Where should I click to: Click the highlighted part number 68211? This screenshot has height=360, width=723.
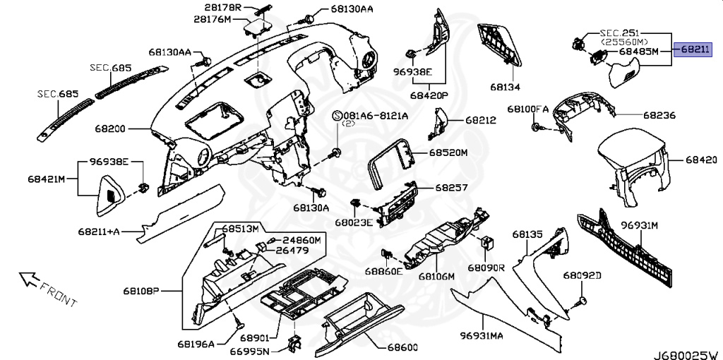(696, 50)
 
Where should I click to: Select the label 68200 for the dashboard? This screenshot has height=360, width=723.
(109, 130)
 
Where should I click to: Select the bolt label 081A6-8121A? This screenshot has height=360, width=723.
(371, 115)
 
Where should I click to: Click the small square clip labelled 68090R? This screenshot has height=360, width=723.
(487, 242)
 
